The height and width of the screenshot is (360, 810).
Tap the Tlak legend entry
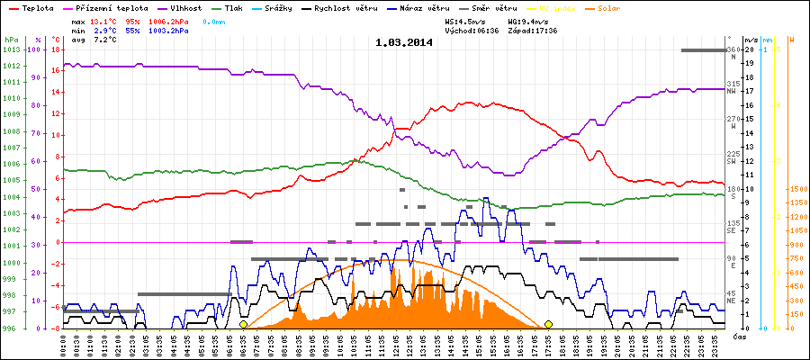pyautogui.click(x=236, y=7)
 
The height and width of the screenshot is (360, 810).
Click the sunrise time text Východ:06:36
pyautogui.click(x=472, y=30)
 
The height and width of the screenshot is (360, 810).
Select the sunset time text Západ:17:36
pyautogui.click(x=532, y=30)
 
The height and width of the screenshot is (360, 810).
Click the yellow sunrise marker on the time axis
pyautogui.click(x=243, y=324)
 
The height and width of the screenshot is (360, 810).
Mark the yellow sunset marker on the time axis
pyautogui.click(x=548, y=324)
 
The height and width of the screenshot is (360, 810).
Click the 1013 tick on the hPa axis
pyautogui.click(x=11, y=49)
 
